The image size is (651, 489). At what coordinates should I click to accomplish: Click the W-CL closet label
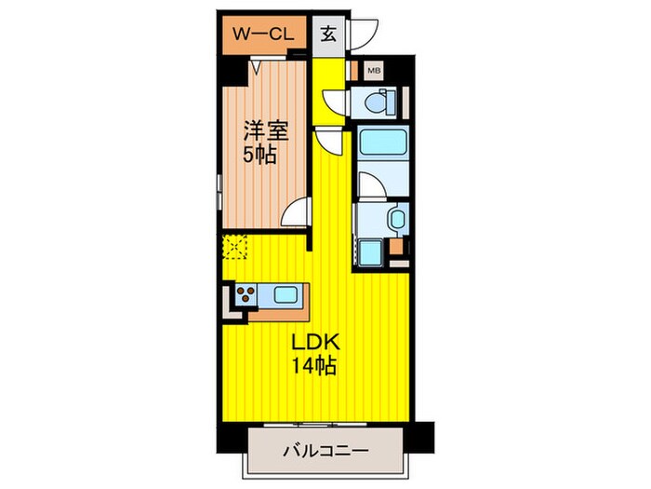pyautogui.click(x=265, y=35)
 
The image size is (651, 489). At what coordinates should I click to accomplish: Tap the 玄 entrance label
pyautogui.click(x=328, y=35)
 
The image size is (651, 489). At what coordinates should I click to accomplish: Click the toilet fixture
pyautogui.click(x=379, y=104)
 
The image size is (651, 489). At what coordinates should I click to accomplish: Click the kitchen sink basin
pyautogui.click(x=286, y=296)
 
